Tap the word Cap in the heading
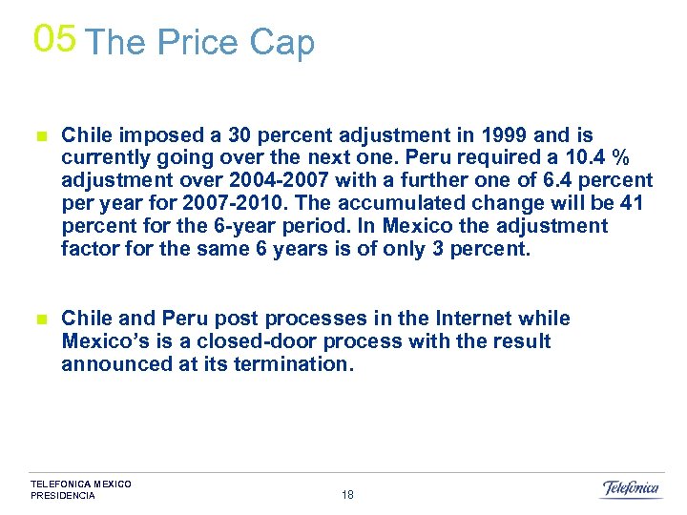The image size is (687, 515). click(281, 44)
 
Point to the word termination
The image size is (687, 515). click(296, 364)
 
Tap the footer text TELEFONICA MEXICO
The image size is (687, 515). click(81, 484)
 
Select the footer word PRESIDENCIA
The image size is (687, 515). click(63, 496)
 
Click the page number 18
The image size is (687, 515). click(347, 495)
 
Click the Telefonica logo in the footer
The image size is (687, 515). click(631, 488)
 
